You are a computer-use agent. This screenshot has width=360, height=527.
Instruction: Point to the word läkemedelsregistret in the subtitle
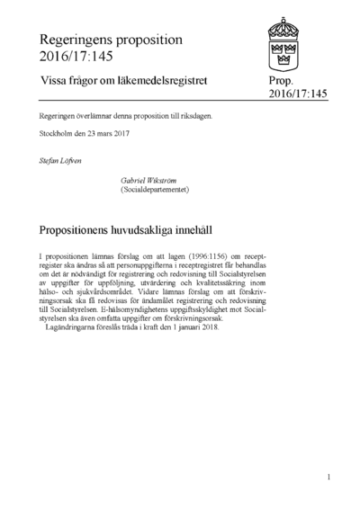[x=163, y=80]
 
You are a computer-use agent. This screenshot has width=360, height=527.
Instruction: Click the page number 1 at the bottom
[x=329, y=477]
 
